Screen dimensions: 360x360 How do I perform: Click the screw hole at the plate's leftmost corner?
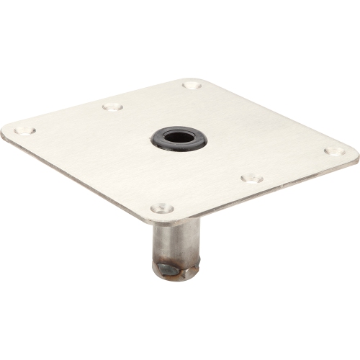click(x=24, y=131)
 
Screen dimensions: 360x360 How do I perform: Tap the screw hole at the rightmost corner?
click(x=333, y=152)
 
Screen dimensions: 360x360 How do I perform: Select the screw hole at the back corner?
click(x=192, y=85)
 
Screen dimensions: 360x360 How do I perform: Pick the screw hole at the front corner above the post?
click(x=162, y=208)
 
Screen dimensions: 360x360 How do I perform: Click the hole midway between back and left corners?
click(x=112, y=107)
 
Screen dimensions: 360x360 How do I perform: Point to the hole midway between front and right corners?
click(x=251, y=177)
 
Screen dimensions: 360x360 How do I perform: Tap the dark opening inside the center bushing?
click(x=179, y=137)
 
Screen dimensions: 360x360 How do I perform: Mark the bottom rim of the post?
click(x=176, y=278)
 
